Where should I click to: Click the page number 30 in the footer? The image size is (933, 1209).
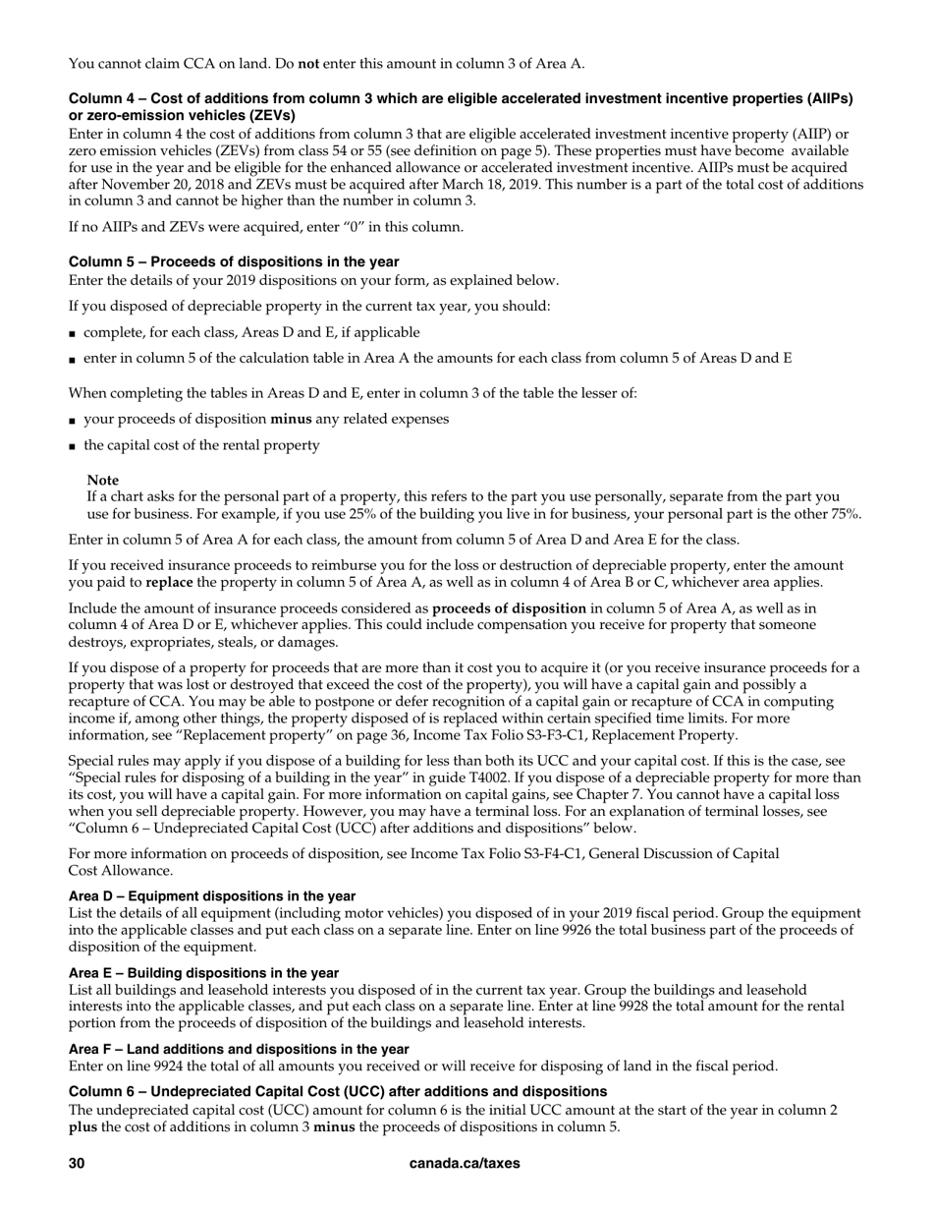pos(77,1163)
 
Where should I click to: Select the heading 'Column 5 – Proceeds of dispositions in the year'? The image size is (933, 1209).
pos(234,261)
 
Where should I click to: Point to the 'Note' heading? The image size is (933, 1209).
pos(103,480)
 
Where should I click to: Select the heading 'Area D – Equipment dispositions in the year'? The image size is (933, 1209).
pos(212,895)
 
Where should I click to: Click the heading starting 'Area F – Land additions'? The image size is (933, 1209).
pos(239,1049)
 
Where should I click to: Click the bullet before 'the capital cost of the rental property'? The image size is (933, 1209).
pos(73,445)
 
